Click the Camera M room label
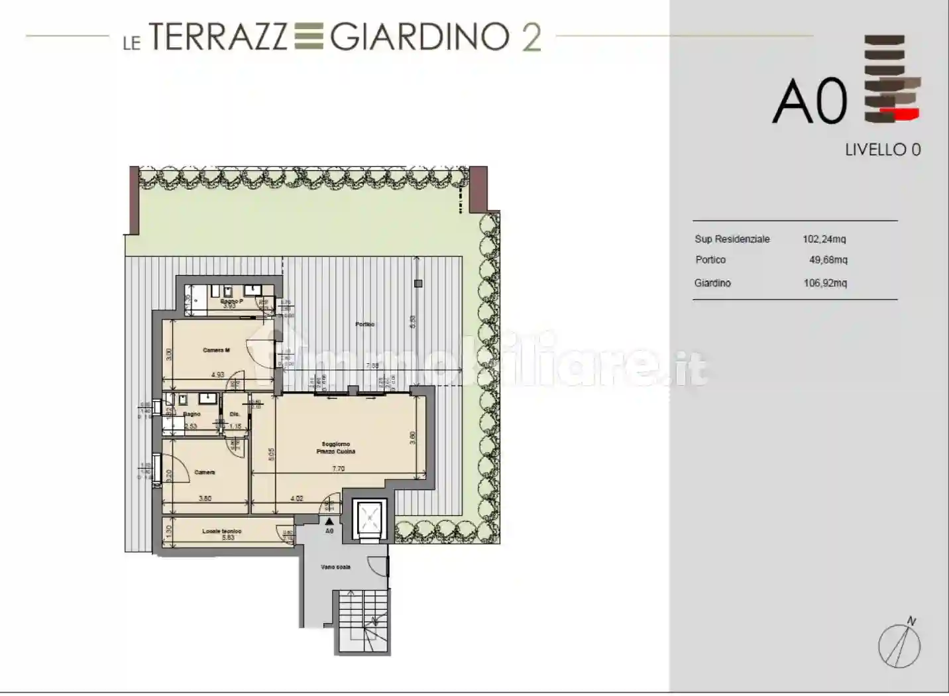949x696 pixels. [x=216, y=350]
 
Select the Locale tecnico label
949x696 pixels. [x=222, y=531]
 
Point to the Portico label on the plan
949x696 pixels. [x=364, y=324]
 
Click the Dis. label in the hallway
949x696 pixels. [x=235, y=415]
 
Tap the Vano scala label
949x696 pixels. [x=335, y=567]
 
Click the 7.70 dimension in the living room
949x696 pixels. [x=338, y=469]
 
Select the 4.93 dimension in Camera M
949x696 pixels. [x=217, y=375]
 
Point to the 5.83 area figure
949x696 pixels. [x=227, y=538]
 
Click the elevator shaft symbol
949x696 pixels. [x=366, y=516]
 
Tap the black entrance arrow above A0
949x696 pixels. [x=329, y=522]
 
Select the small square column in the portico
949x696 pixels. [x=418, y=284]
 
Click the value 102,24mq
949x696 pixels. [x=824, y=239]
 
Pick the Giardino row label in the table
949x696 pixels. [x=712, y=283]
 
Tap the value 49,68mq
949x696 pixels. [x=828, y=260]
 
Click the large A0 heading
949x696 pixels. [x=810, y=101]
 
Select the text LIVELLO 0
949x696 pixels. [x=883, y=150]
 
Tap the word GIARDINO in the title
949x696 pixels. [x=419, y=37]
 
